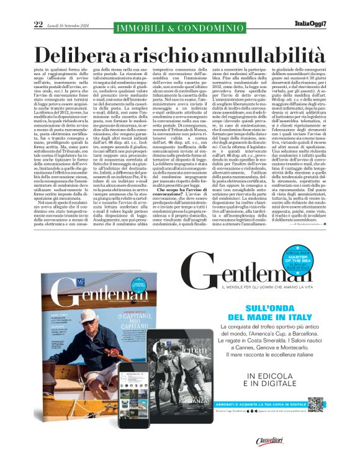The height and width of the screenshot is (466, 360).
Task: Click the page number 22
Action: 38,24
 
